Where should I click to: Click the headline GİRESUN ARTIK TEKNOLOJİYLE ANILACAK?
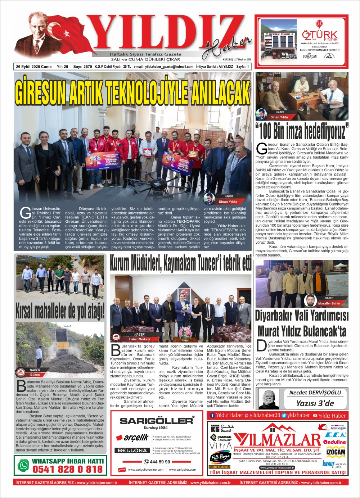pos(132,91)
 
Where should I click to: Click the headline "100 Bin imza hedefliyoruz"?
pos(302,131)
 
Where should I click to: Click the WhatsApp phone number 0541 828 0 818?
pos(68,469)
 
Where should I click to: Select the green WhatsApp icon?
pos(23,466)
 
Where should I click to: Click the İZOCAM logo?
pos(336,452)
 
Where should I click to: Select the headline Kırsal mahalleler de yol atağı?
pos(60,311)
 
